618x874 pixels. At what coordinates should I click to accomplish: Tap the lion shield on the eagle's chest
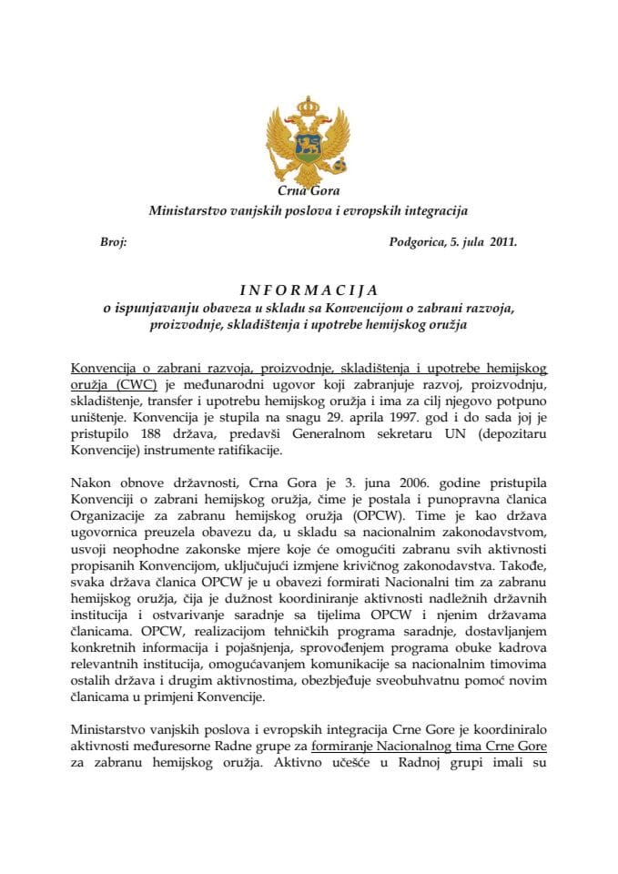[x=309, y=147]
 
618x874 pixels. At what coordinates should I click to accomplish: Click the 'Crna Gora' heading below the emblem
[x=309, y=192]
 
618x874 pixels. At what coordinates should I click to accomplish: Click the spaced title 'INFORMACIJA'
[x=309, y=291]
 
